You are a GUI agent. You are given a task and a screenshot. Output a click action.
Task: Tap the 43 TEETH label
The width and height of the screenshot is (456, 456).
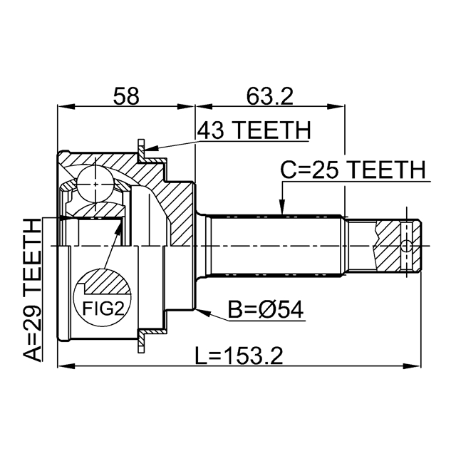(253, 131)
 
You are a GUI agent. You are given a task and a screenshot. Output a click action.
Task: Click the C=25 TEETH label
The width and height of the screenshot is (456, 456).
(352, 170)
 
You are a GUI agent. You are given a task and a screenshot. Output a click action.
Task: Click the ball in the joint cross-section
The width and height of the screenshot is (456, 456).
(95, 184)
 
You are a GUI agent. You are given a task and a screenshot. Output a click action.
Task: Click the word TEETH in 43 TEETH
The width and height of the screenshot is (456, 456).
(275, 131)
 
